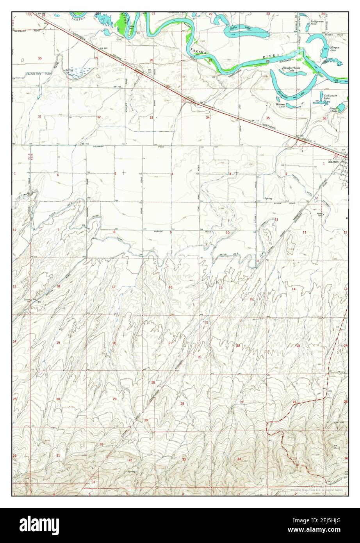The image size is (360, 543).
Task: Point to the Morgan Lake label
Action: pos(334,49)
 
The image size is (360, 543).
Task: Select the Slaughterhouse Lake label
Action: pos(289,69)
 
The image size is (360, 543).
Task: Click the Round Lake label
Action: pos(333,110)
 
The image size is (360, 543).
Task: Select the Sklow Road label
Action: pos(278,204)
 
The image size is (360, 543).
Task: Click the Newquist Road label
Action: pos(23,30)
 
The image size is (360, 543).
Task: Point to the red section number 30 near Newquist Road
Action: pos(39,58)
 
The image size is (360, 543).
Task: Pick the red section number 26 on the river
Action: pos(268,62)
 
